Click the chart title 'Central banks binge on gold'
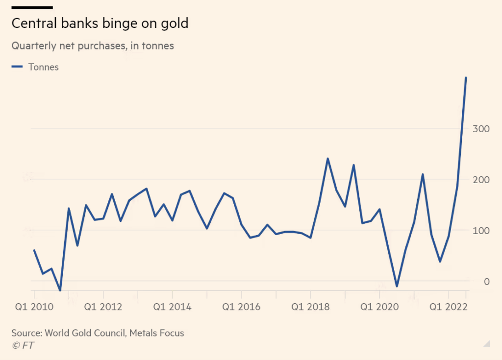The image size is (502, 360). click(x=100, y=24)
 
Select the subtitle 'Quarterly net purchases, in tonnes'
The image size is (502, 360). click(x=93, y=46)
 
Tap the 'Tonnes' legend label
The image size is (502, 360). click(x=44, y=67)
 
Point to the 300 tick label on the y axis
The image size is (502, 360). click(x=480, y=129)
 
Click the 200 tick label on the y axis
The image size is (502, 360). click(x=480, y=180)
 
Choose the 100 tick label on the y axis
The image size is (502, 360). click(x=480, y=231)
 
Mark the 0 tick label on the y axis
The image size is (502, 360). click(x=486, y=282)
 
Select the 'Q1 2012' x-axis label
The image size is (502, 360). click(x=103, y=307)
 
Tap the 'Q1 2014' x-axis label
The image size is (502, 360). click(x=172, y=307)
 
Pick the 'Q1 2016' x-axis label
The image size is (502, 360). click(x=241, y=307)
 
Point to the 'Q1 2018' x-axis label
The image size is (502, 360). click(x=310, y=307)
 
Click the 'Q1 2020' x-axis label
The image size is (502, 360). click(x=379, y=307)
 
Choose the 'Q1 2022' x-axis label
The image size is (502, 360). click(x=449, y=307)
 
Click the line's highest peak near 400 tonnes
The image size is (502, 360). click(x=466, y=77)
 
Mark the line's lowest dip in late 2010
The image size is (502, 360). click(x=60, y=290)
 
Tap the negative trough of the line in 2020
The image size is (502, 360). click(x=397, y=286)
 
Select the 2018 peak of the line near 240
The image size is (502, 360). click(x=327, y=159)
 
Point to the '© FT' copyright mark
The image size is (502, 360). click(x=23, y=345)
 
